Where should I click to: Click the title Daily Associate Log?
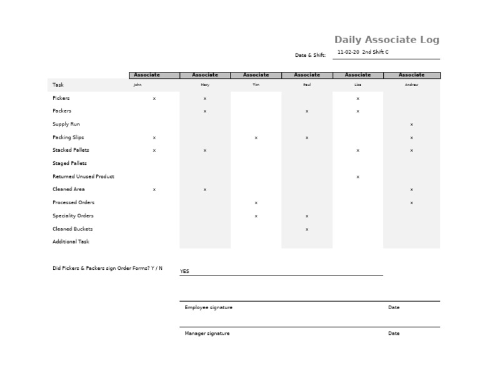tap(387, 40)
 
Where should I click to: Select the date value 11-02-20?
tap(348, 52)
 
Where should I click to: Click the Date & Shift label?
tap(310, 55)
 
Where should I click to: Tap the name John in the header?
tap(137, 85)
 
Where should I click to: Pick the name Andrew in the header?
tap(411, 85)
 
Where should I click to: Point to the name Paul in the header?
tap(307, 85)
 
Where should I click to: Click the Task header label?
tap(58, 85)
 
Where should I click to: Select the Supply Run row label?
tap(66, 124)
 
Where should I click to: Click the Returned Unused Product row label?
tap(83, 177)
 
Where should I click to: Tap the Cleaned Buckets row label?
tap(72, 229)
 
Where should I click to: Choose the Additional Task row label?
tap(71, 242)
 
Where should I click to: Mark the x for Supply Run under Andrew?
tap(411, 125)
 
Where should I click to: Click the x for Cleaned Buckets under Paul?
tap(307, 229)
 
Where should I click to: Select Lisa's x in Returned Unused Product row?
tap(357, 177)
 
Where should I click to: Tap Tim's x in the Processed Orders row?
tap(256, 203)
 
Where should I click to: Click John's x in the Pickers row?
tap(154, 99)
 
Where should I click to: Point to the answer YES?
tap(184, 272)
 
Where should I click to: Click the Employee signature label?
tap(208, 307)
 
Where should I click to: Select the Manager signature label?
tap(207, 334)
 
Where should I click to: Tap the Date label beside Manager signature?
tap(394, 334)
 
